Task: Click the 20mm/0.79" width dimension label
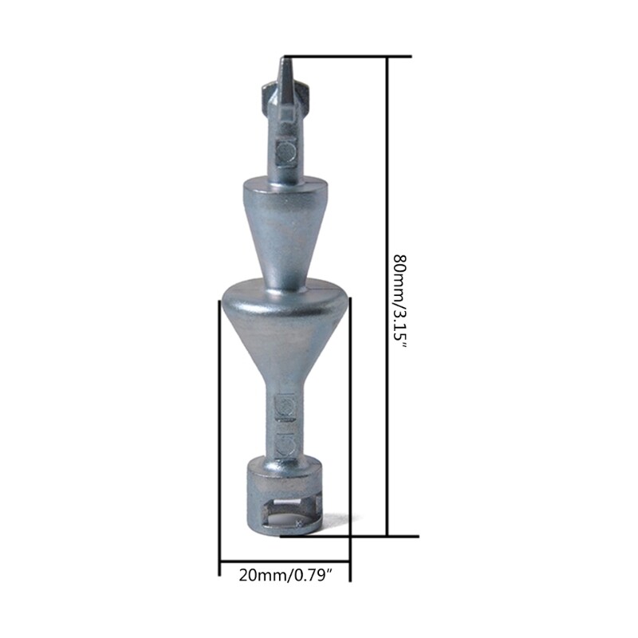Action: tap(286, 575)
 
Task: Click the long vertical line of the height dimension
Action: tap(387, 357)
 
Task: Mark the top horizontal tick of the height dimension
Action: tap(348, 57)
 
